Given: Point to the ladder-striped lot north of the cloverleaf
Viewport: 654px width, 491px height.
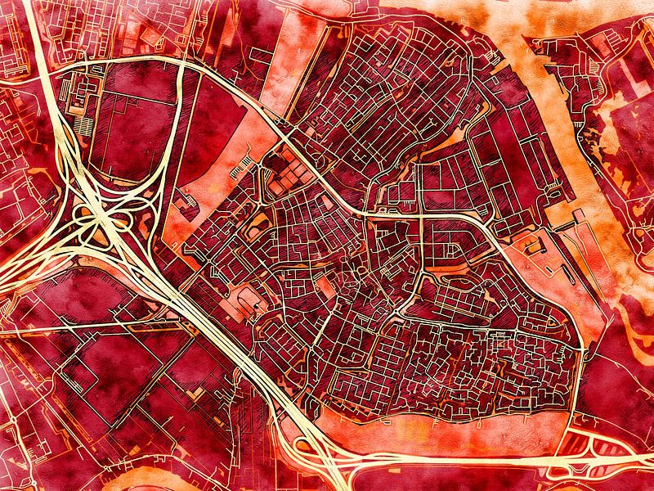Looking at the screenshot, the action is click(85, 127).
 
